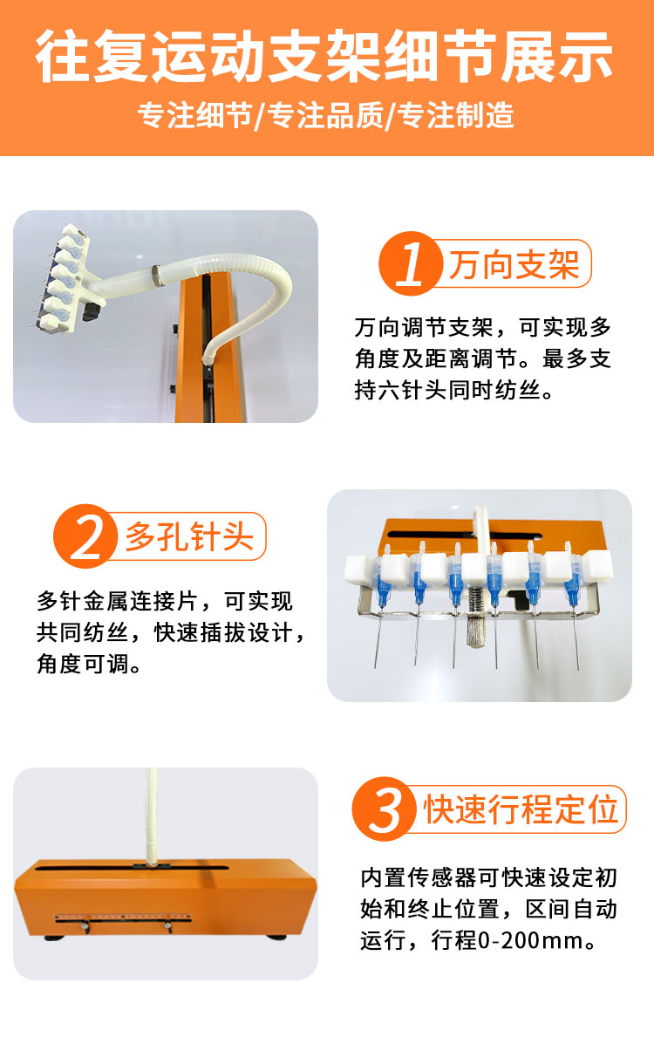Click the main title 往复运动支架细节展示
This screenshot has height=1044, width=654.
coord(324,56)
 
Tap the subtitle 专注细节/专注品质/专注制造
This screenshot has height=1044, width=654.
coord(325,115)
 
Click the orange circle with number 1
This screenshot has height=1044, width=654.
coord(410,263)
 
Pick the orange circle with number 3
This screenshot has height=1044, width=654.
coord(385,809)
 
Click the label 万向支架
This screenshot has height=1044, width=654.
coord(514,264)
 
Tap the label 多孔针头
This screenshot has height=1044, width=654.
coord(189,536)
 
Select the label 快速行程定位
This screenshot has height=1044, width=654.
coord(521,809)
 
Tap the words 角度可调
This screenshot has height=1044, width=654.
coord(83,663)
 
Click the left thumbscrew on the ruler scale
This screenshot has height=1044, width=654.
coord(85,925)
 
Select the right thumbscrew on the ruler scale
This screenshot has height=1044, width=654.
coord(168,925)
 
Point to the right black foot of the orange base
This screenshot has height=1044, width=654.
coord(276,937)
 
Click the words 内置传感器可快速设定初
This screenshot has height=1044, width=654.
coord(489,877)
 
